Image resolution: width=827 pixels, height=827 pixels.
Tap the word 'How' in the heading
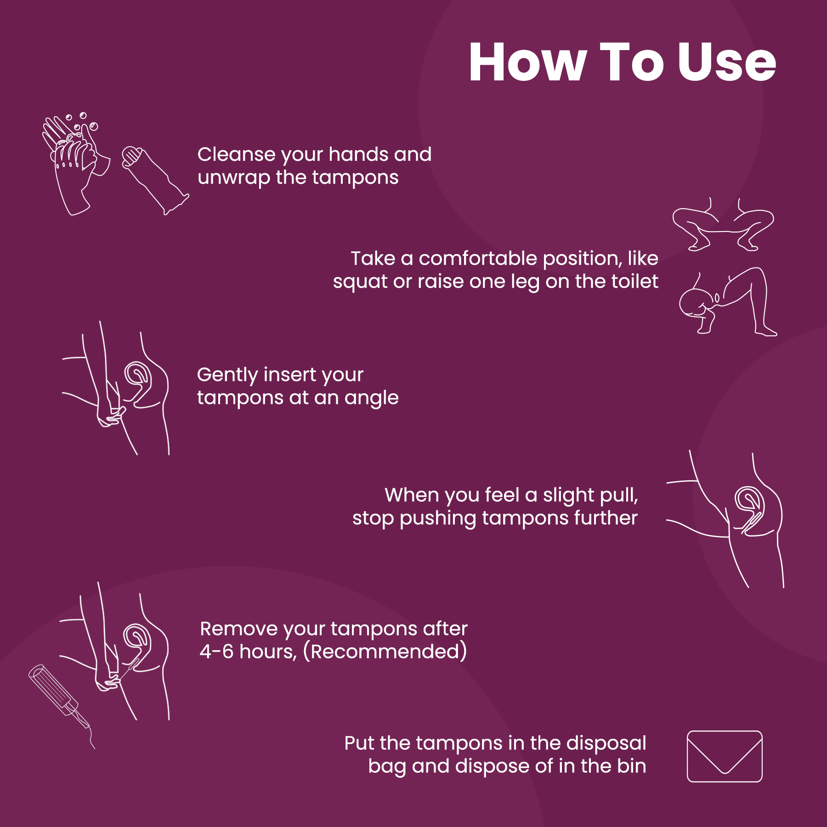(528, 62)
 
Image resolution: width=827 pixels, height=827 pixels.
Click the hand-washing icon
(76, 163)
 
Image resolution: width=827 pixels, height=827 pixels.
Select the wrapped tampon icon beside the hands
(155, 180)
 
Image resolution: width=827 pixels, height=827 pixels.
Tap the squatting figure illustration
(723, 225)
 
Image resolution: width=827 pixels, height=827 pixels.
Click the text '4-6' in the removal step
(216, 651)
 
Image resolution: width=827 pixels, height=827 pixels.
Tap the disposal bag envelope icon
(725, 756)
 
